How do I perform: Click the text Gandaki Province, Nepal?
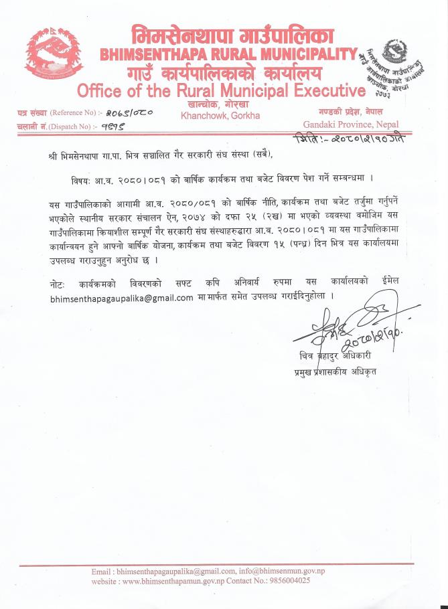tap(351, 124)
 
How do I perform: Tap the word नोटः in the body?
tap(58, 282)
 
